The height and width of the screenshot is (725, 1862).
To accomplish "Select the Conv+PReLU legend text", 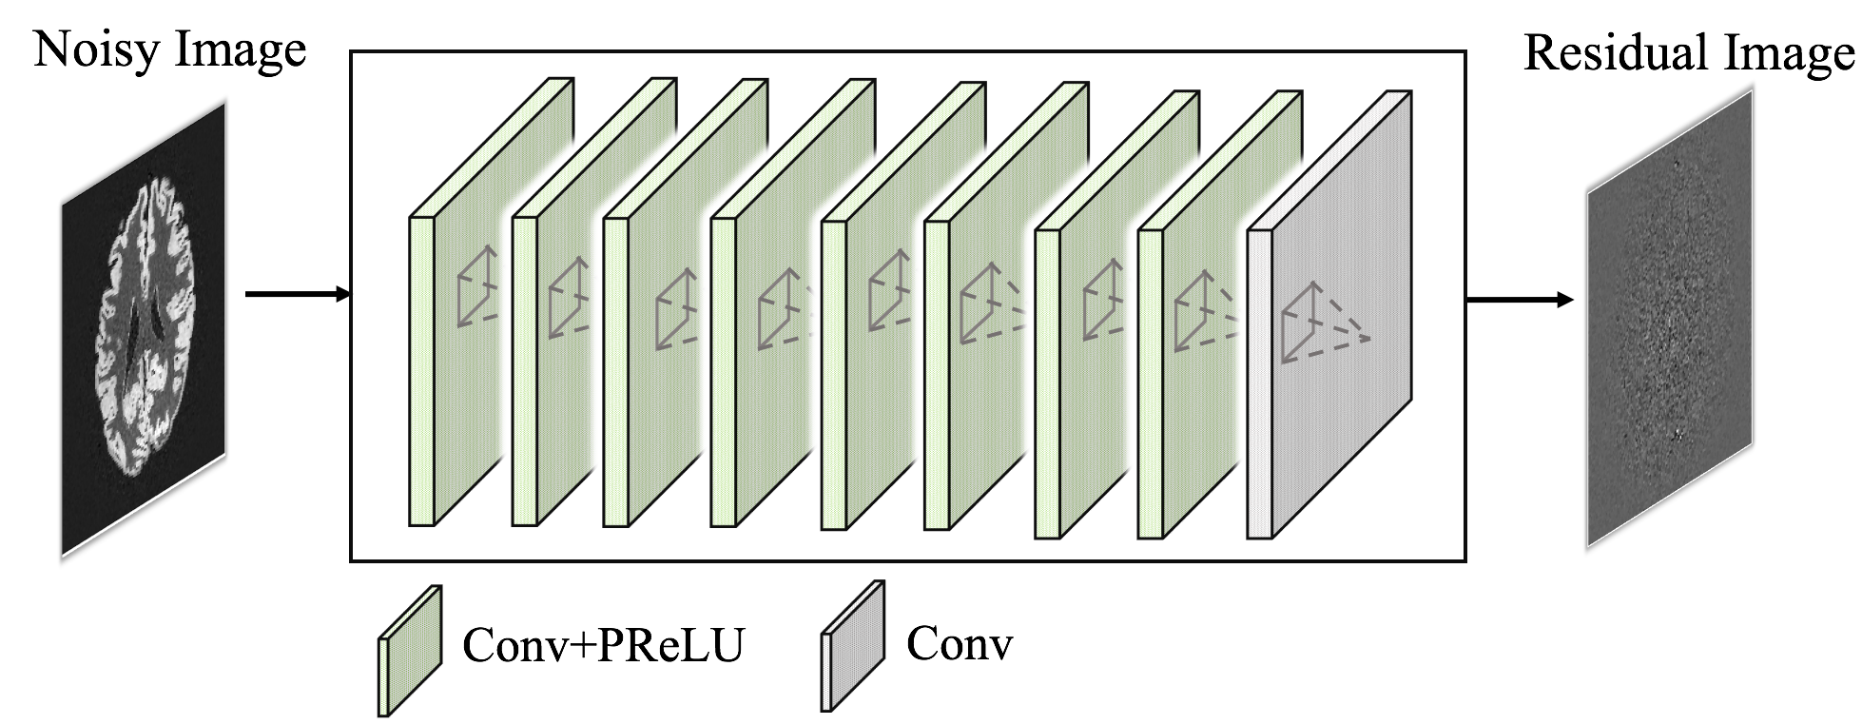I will (x=603, y=645).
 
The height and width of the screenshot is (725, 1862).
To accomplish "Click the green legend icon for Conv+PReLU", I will (x=411, y=650).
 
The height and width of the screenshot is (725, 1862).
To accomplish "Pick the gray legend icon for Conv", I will (x=853, y=647).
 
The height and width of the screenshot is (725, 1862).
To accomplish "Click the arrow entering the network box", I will (x=298, y=294).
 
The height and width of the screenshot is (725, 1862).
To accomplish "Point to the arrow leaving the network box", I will (x=1519, y=301).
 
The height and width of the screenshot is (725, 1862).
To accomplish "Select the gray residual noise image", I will (x=1670, y=323).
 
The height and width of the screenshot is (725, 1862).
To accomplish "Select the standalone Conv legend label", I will (x=960, y=644).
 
